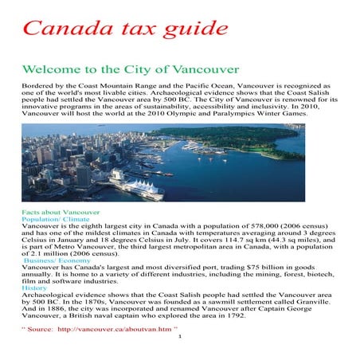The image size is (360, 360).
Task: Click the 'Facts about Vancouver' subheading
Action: tap(62, 213)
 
